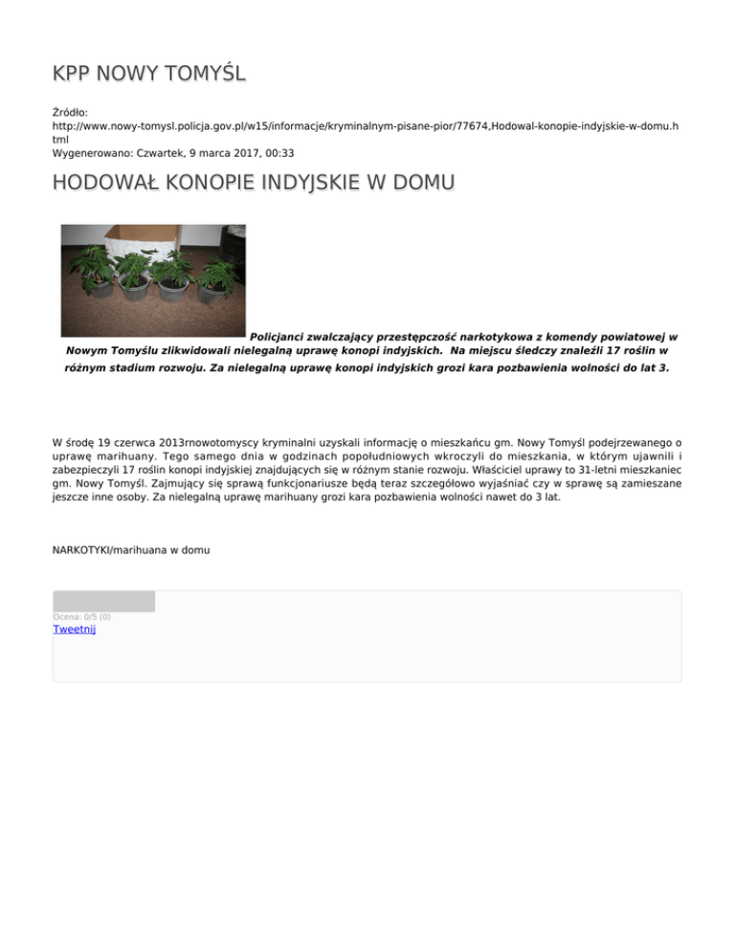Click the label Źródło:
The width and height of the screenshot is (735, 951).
(70, 112)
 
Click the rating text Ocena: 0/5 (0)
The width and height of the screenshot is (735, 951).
(81, 616)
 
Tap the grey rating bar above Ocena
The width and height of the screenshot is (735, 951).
(103, 602)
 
